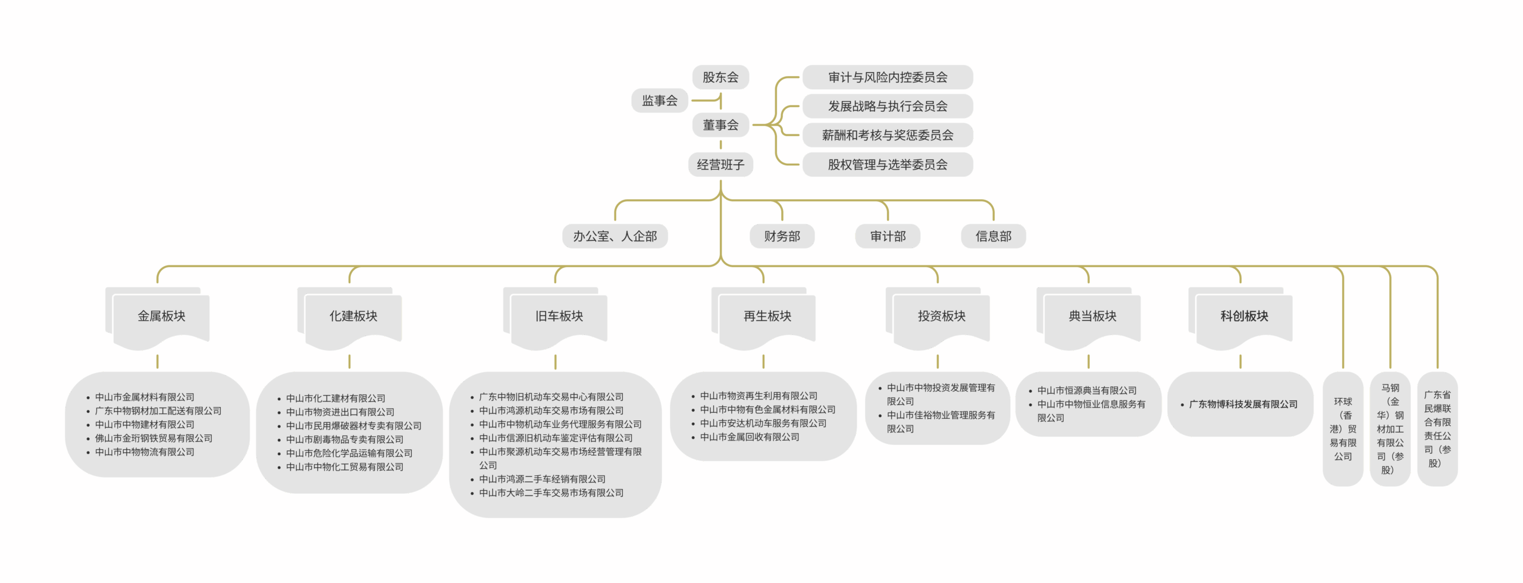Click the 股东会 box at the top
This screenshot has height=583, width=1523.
point(720,77)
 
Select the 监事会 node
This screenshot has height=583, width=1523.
point(659,101)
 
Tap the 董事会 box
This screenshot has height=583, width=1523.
point(720,125)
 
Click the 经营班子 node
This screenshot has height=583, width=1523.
point(720,165)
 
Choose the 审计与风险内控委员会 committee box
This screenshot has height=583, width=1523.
point(887,77)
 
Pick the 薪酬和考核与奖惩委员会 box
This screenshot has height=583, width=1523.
point(887,135)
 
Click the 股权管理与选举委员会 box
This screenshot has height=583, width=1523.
point(887,165)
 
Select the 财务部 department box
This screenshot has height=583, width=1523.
point(782,236)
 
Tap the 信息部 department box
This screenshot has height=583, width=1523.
point(993,236)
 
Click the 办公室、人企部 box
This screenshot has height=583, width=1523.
point(615,236)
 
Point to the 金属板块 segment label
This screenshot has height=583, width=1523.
point(161,316)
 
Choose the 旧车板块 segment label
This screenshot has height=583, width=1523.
point(559,316)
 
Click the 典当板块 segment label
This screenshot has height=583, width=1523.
point(1092,316)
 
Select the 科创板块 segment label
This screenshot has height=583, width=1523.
point(1244,316)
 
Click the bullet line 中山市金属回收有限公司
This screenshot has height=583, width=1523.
point(749,437)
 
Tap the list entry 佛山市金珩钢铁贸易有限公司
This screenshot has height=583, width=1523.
point(153,438)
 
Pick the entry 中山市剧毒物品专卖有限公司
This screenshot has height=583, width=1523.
point(344,440)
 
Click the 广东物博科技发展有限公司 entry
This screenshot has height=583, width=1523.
point(1243,405)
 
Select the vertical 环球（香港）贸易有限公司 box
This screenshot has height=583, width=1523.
point(1343,429)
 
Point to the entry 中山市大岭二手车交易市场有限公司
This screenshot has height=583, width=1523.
point(551,493)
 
